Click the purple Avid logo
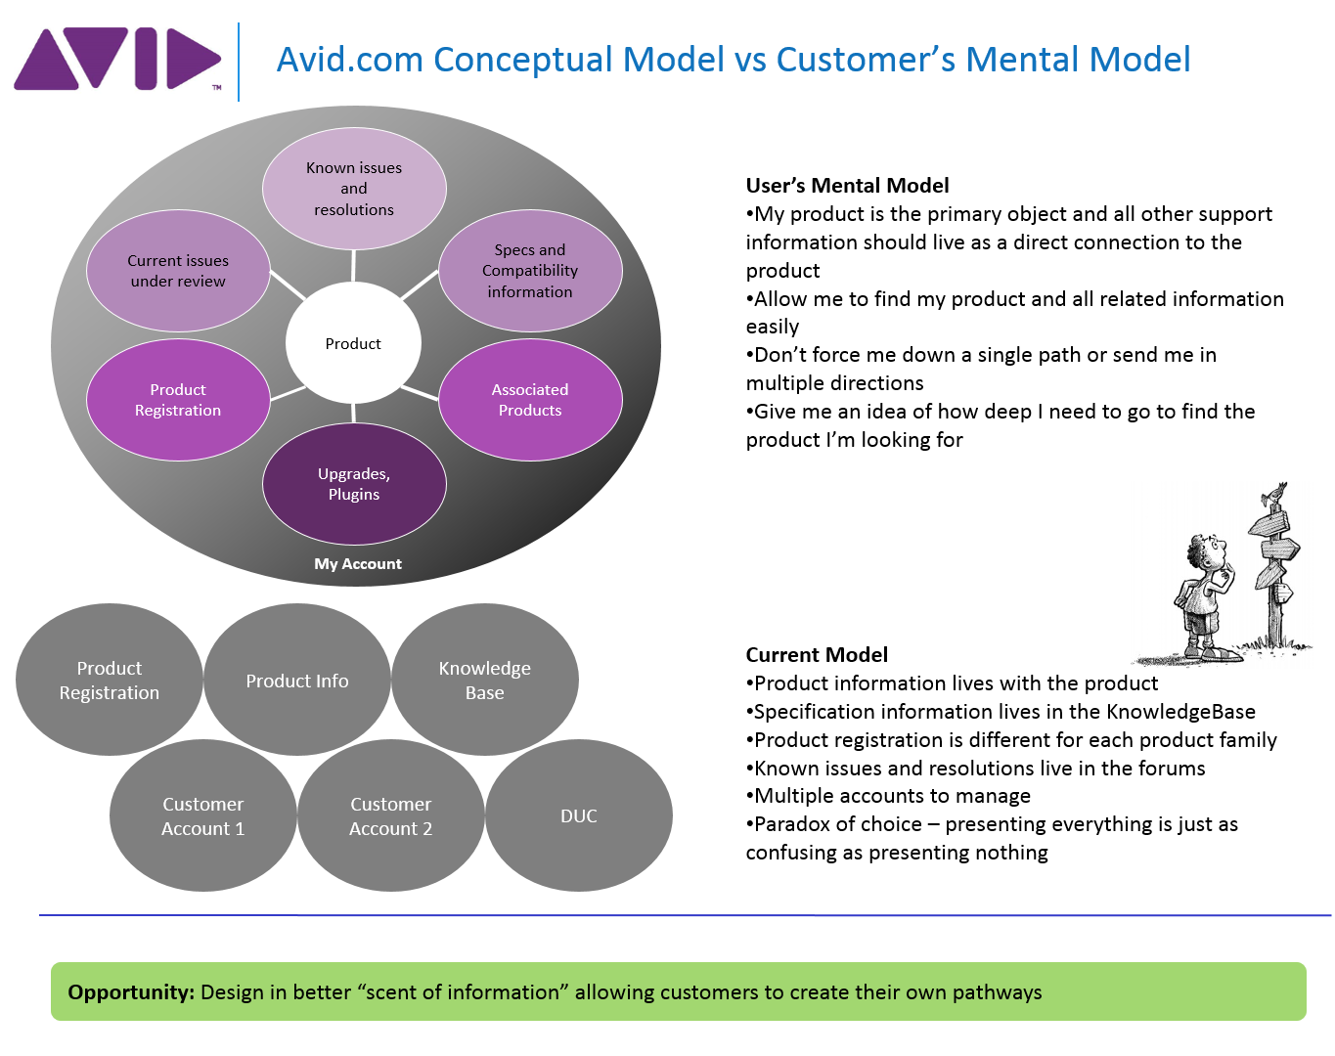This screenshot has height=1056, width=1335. pyautogui.click(x=117, y=60)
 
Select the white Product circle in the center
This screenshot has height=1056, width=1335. pyautogui.click(x=353, y=344)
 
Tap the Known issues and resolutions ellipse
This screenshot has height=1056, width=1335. pyautogui.click(x=354, y=189)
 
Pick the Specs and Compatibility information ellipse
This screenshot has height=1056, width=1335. pyautogui.click(x=530, y=271)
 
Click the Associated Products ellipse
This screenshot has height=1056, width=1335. pyautogui.click(x=530, y=400)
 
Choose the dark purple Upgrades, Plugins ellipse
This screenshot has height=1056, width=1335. pyautogui.click(x=354, y=484)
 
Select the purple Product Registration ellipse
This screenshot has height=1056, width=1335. pyautogui.click(x=178, y=400)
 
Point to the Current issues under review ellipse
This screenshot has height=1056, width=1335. pyautogui.click(x=178, y=271)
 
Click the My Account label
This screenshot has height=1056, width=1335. pyautogui.click(x=358, y=564)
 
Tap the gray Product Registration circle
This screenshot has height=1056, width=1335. pyautogui.click(x=110, y=681)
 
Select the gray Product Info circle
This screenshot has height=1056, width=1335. pyautogui.click(x=297, y=681)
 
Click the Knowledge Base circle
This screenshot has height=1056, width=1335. pyautogui.click(x=485, y=681)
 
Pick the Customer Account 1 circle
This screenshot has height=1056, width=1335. pyautogui.click(x=203, y=816)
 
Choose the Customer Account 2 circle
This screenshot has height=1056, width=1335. pyautogui.click(x=391, y=816)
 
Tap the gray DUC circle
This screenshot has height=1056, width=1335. pyautogui.click(x=579, y=816)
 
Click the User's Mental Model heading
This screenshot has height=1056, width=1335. pyautogui.click(x=847, y=186)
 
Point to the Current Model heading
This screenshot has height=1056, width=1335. pyautogui.click(x=817, y=655)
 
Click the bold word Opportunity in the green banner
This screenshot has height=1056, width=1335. pyautogui.click(x=131, y=992)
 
